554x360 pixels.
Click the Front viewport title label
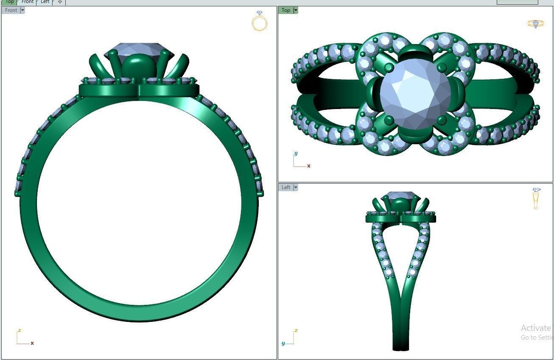coord(11,10)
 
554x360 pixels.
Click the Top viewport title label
coord(286,10)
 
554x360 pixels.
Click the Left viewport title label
coord(286,187)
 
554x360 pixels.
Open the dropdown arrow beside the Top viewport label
coord(296,10)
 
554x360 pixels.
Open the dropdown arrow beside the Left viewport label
coord(296,187)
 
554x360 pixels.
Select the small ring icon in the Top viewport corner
coord(535,24)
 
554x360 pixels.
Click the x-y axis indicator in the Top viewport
coord(300,160)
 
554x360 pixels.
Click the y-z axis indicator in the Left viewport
coord(289,338)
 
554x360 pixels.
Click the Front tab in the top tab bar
coord(28,2)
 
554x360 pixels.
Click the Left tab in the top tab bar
coord(45,2)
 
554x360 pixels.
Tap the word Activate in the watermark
coord(535,328)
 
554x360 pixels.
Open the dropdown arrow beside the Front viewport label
coord(22,10)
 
